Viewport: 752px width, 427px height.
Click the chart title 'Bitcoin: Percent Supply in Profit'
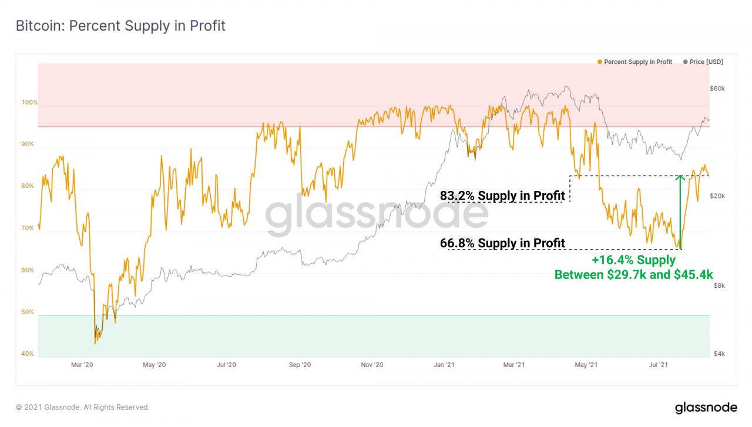click(x=120, y=26)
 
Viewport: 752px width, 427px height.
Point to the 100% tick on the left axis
click(x=30, y=102)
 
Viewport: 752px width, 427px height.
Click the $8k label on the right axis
click(x=719, y=285)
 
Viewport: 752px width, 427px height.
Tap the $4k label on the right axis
click(x=719, y=354)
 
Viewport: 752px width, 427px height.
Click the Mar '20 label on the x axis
click(x=82, y=365)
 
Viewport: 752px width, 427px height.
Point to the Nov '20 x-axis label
click(x=372, y=365)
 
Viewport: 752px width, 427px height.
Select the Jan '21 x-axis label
click(x=444, y=365)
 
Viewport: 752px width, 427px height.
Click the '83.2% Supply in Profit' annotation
click(x=502, y=196)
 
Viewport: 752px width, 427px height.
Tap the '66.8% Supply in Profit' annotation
click(x=502, y=243)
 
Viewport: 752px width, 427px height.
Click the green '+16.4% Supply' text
click(x=633, y=261)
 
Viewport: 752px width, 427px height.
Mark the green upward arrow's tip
click(x=680, y=176)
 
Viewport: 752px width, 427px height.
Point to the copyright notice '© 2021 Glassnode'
click(x=83, y=407)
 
